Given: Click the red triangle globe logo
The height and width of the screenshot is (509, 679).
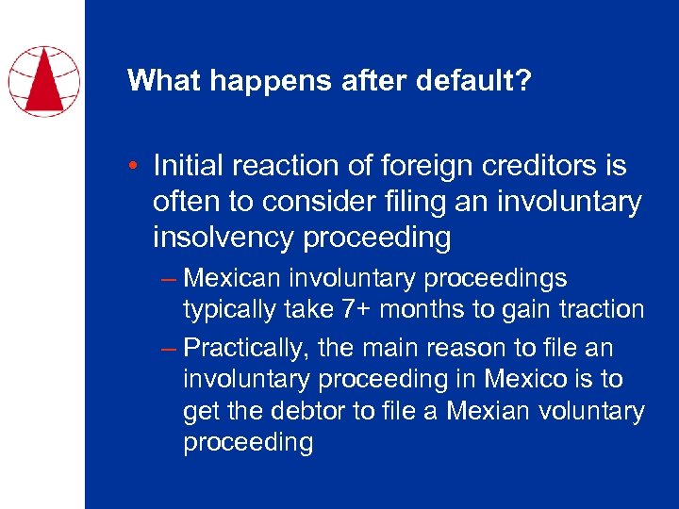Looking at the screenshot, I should coord(42,80).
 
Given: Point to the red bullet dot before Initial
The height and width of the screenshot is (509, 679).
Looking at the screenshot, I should coord(136,167).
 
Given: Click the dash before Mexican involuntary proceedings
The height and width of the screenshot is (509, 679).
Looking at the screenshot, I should coord(169,278).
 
